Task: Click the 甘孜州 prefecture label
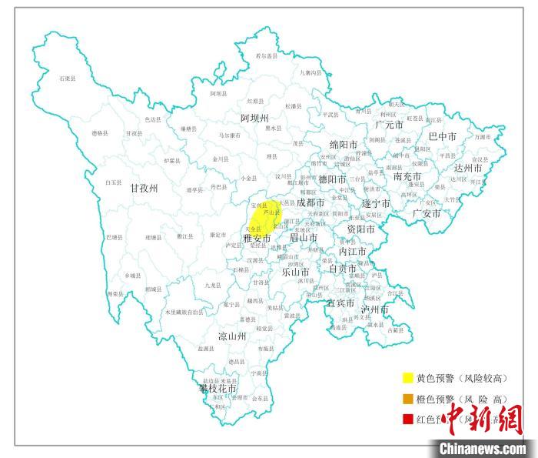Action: click(x=144, y=187)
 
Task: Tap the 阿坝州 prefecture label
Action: click(x=254, y=119)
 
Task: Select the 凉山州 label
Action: click(x=232, y=336)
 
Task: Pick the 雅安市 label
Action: click(x=257, y=239)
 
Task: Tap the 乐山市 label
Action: click(x=295, y=272)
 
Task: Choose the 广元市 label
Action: click(x=390, y=124)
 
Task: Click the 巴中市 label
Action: click(x=442, y=137)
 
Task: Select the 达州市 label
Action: click(x=468, y=168)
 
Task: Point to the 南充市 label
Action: click(x=407, y=176)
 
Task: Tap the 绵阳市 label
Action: click(x=343, y=145)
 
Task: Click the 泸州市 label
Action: click(x=376, y=309)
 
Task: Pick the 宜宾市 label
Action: click(x=340, y=303)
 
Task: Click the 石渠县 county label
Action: click(x=68, y=78)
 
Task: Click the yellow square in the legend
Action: click(x=407, y=378)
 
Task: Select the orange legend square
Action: click(x=407, y=399)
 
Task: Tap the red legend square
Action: click(x=407, y=420)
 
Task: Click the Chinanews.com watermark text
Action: click(x=483, y=448)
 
